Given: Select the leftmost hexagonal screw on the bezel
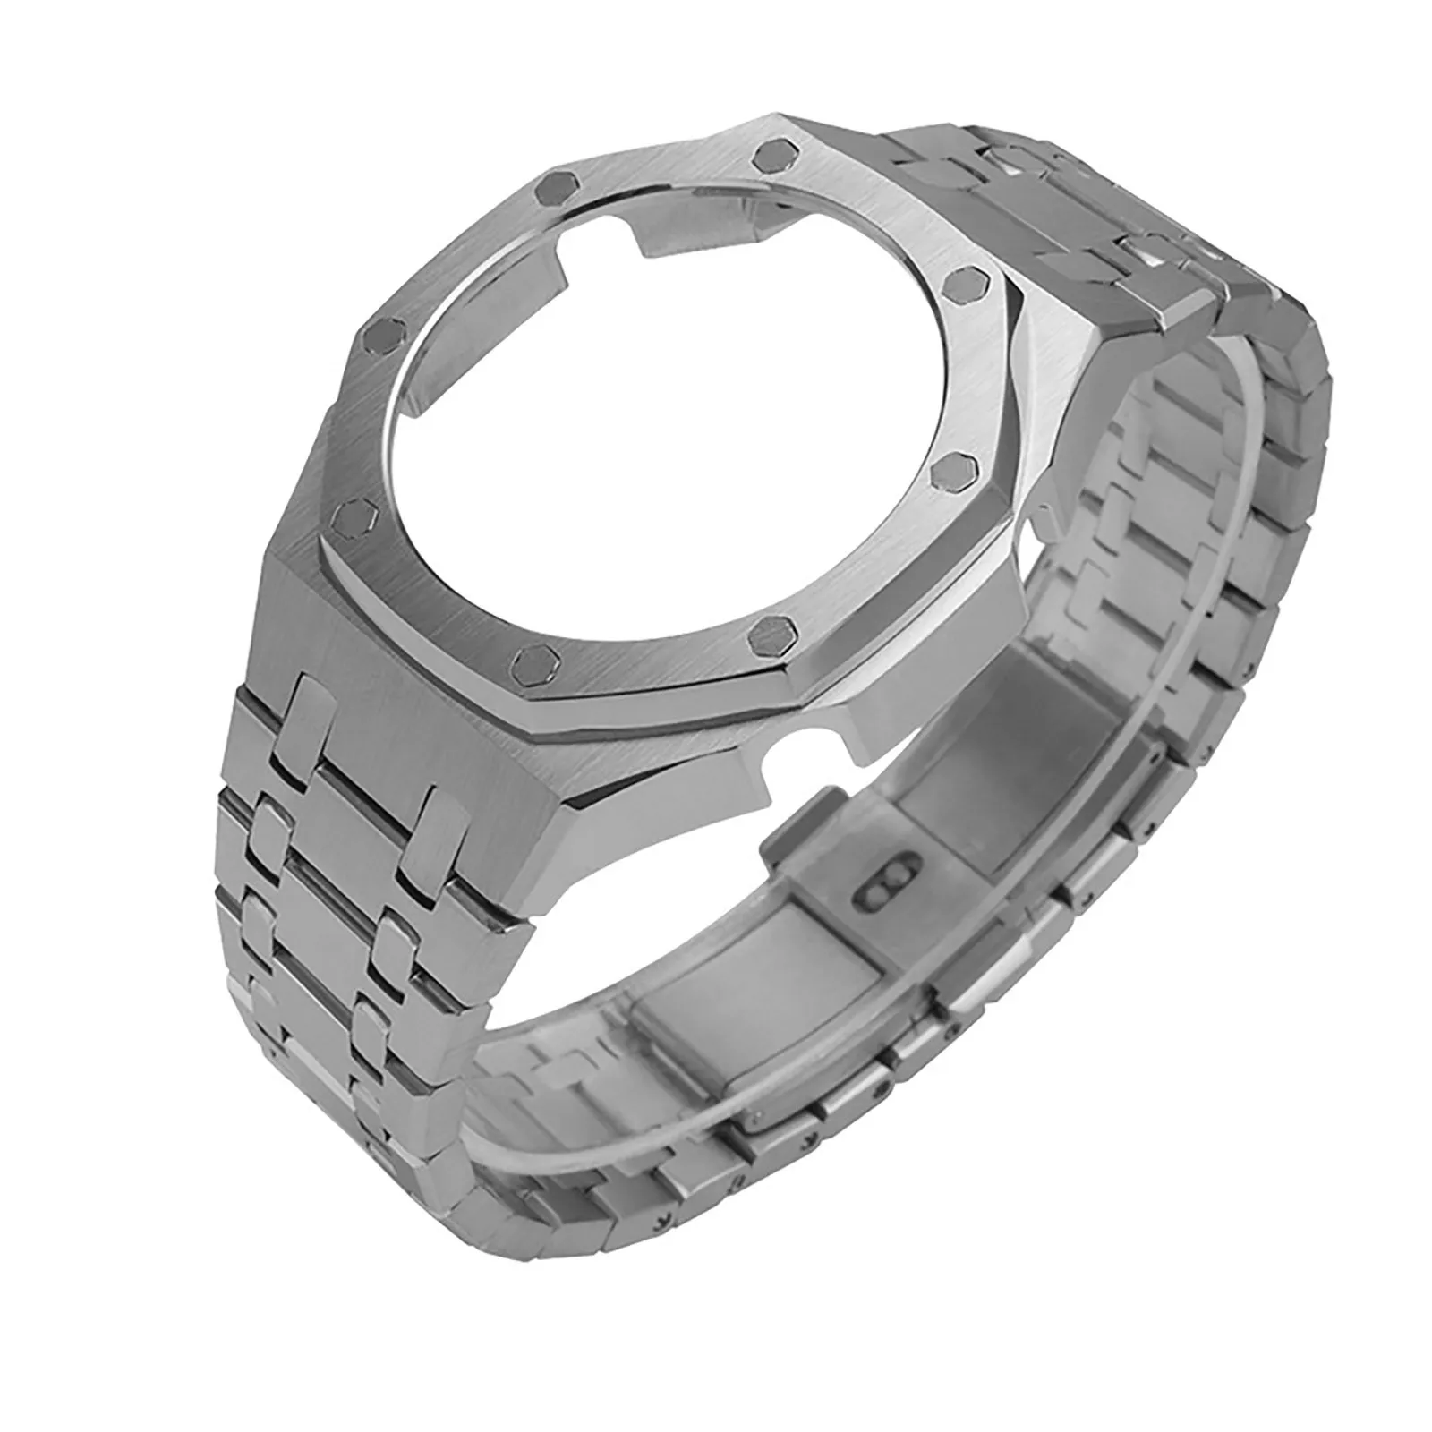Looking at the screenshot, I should point(347,514).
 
